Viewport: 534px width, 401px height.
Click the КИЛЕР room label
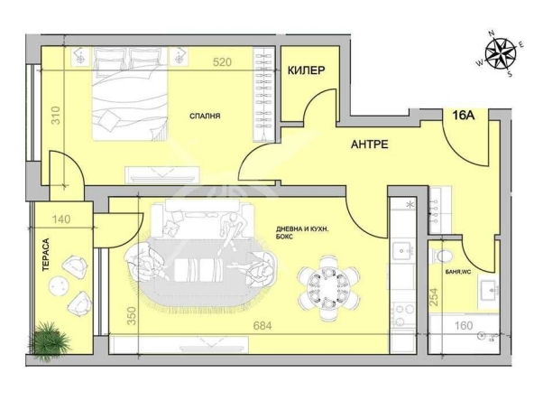(306, 70)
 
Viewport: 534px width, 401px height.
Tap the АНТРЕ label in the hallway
(370, 145)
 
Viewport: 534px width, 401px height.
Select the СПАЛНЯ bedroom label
(205, 116)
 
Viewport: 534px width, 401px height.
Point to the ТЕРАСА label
(46, 255)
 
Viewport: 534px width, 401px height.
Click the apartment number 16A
(464, 116)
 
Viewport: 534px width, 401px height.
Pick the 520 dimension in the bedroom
(222, 62)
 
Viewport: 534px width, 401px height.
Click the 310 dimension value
(56, 116)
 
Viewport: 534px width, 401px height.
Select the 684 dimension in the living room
(262, 326)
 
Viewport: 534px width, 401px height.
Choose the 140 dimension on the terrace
(61, 219)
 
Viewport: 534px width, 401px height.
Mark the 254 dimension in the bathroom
(434, 296)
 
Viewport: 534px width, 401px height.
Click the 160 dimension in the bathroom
(464, 326)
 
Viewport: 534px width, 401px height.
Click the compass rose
(501, 54)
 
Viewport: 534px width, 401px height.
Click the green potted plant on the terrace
(49, 340)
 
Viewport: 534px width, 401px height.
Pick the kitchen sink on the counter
(402, 252)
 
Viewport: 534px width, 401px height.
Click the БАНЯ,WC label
(458, 272)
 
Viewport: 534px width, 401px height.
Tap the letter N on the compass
(492, 33)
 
